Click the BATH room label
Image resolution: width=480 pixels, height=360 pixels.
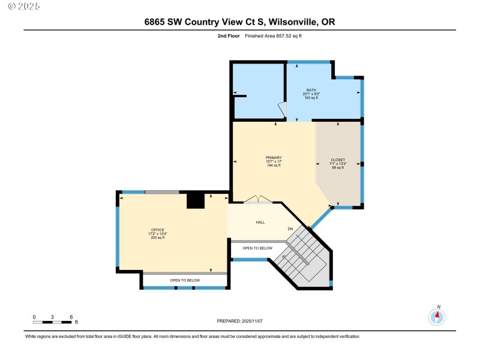[x=311, y=90]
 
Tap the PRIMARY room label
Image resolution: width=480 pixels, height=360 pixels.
[x=274, y=158]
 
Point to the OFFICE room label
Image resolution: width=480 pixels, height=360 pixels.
[x=157, y=230]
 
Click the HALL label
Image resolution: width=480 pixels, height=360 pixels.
[x=260, y=223]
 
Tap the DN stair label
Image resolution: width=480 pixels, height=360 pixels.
[x=290, y=229]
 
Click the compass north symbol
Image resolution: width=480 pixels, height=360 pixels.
[x=437, y=316]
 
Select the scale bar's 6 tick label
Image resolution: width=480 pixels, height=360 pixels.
[x=71, y=316]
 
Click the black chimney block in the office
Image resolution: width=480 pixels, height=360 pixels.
[x=196, y=200]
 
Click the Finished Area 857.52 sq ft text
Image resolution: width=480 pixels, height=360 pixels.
[x=277, y=36]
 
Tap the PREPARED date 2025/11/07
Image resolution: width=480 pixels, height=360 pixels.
[x=239, y=322]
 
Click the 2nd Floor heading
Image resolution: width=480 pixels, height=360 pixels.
[x=229, y=36]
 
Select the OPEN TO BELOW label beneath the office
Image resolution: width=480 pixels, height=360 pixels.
[x=185, y=280]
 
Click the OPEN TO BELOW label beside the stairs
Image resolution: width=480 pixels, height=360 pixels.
[x=257, y=248]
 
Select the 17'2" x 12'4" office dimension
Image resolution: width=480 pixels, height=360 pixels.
[x=157, y=234]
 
